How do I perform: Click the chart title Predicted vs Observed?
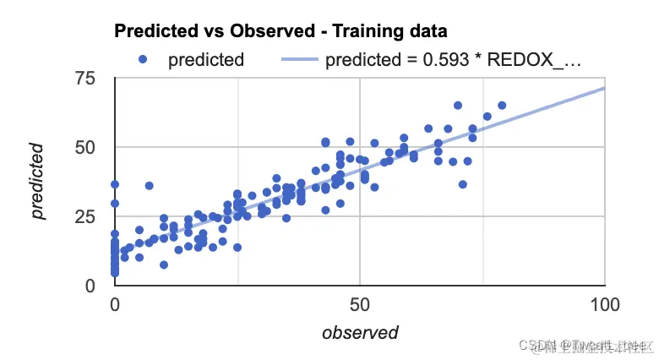[211, 31]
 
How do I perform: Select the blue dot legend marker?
[143, 59]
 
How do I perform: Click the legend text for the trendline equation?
[454, 60]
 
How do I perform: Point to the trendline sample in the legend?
[288, 60]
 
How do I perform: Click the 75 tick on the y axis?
[84, 79]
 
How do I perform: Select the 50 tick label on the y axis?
[84, 147]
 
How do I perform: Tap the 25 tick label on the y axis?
[84, 216]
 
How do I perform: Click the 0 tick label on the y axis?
[90, 286]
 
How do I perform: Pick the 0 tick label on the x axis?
[116, 303]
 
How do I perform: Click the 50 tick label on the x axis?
[360, 303]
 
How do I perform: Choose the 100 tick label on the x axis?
[605, 303]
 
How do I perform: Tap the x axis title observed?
[360, 333]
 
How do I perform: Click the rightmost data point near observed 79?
[502, 106]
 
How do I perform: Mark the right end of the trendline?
[604, 87]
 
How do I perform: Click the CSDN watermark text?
[533, 345]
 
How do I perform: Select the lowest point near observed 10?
[164, 265]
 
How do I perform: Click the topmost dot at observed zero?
[115, 184]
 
